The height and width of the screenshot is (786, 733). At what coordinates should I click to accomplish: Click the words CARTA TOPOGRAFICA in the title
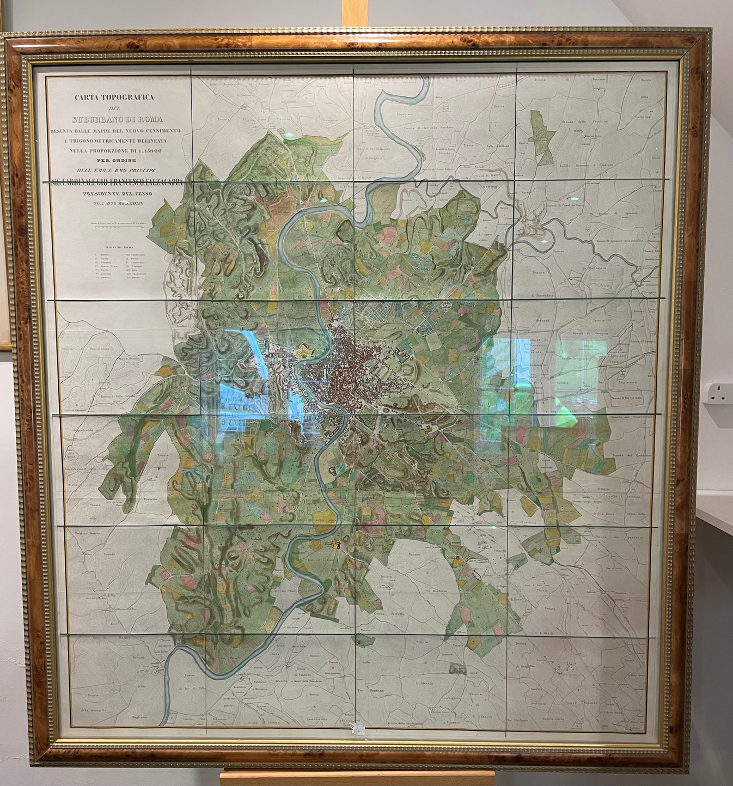[x=114, y=97]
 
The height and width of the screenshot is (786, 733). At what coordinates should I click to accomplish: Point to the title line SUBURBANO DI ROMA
[x=118, y=119]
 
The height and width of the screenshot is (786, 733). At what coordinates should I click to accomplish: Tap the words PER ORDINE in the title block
[x=118, y=160]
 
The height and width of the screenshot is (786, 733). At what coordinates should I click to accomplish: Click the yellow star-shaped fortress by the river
[x=303, y=353]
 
